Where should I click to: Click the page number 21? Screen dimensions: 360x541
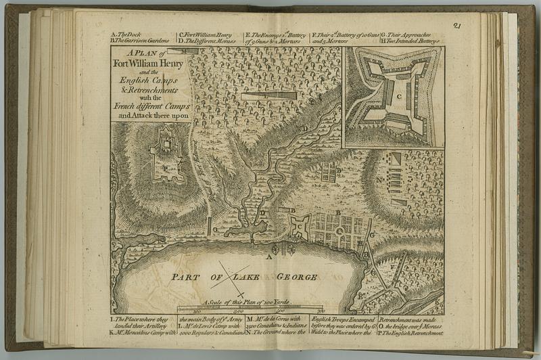click(457, 26)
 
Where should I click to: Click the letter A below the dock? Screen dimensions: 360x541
click(270, 257)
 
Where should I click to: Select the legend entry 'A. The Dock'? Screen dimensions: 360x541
click(125, 34)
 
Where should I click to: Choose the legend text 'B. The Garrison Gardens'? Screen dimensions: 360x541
click(141, 41)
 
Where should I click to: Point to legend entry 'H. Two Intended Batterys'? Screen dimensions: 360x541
click(410, 41)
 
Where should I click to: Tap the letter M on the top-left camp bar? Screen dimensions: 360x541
click(183, 51)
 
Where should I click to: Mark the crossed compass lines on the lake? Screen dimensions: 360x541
click(230, 276)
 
